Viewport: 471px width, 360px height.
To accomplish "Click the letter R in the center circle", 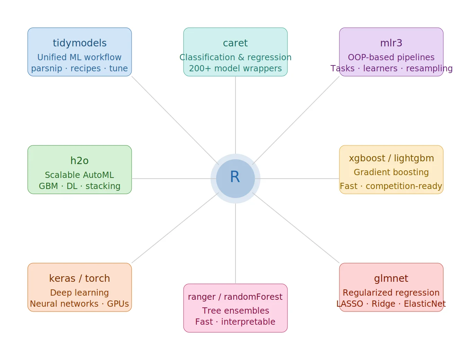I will (235, 177).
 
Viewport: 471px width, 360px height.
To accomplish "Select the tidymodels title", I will (80, 43).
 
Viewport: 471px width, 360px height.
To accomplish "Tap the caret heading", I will (235, 43).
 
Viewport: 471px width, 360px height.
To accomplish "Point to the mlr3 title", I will (391, 43).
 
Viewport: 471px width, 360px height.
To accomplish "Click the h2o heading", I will (79, 161).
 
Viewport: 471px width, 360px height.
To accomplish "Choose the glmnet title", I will (391, 278).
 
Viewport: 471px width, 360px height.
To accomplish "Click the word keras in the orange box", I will (62, 278).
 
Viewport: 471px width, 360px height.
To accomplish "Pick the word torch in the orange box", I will (97, 278).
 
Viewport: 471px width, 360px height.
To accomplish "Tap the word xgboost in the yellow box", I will (367, 158).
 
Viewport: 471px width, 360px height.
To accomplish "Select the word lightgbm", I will (414, 158).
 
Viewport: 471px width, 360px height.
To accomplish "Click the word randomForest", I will (253, 297).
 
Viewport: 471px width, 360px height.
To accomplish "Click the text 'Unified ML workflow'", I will (79, 57).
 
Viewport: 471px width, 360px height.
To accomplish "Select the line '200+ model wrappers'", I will (235, 69).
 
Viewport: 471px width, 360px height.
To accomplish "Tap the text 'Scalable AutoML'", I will (79, 175).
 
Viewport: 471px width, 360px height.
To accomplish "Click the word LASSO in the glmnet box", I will (350, 304).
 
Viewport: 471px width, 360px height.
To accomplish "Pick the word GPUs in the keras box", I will (118, 304).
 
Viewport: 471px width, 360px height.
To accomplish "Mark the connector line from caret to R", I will (235, 114).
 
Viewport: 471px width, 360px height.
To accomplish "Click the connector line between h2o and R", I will (171, 179).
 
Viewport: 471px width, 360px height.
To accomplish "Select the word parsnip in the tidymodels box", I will (46, 69).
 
